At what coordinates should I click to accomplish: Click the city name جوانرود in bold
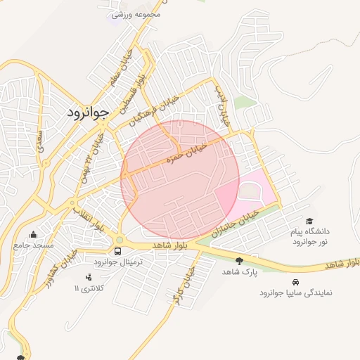pos(89,112)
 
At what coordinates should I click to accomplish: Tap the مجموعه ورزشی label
pos(136,13)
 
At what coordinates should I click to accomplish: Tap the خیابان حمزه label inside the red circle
pos(186,153)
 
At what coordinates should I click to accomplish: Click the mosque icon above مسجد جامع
pos(33,235)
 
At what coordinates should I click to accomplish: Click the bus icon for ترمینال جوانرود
pos(117,250)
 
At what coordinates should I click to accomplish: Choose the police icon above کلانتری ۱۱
pos(89,278)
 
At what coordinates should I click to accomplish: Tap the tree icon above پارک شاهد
pos(240,261)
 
